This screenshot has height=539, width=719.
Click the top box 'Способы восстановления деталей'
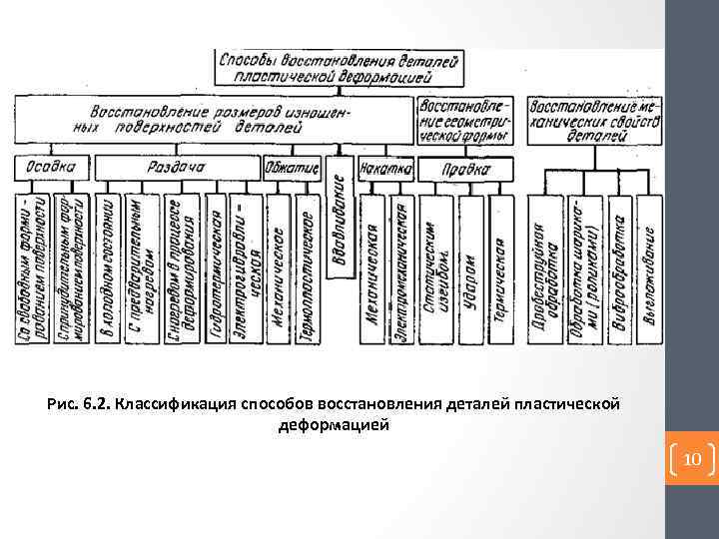340,67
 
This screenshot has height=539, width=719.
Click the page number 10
692,460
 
